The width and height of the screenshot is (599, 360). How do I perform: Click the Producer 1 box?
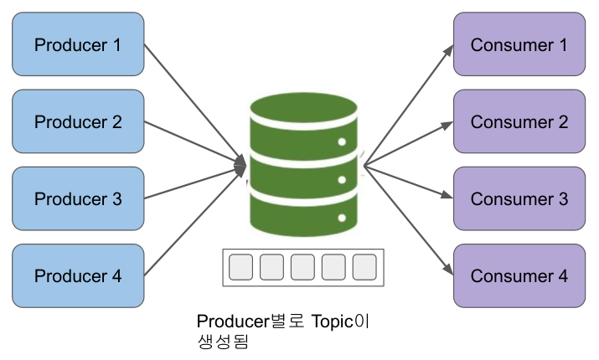(77, 44)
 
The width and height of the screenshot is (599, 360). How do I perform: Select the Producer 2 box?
(77, 121)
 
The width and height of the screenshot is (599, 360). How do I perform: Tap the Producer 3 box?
(77, 199)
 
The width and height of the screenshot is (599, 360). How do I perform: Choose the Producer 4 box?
(77, 275)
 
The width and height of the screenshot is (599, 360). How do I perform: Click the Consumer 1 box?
(519, 44)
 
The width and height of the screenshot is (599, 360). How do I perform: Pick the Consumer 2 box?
(519, 121)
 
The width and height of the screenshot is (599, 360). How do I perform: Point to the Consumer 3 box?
(519, 199)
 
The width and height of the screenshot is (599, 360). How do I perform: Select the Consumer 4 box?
(519, 275)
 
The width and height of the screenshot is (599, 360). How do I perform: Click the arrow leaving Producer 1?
(193, 100)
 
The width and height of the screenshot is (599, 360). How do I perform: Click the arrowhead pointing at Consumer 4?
(448, 270)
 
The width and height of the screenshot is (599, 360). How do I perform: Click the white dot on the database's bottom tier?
(341, 218)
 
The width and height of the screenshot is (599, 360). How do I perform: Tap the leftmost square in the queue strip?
(240, 267)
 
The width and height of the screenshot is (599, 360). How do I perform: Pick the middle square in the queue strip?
(302, 267)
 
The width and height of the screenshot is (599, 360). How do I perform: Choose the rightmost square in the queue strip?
(364, 267)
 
